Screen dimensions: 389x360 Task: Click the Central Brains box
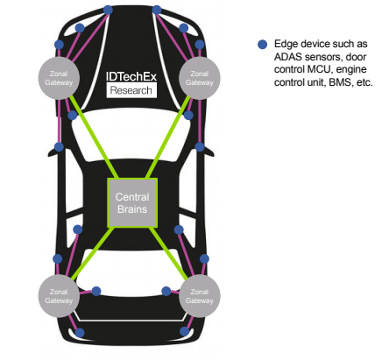[x=132, y=202]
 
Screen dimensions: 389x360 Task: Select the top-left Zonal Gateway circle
[x=59, y=78]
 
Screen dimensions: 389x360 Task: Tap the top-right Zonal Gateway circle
[x=200, y=78]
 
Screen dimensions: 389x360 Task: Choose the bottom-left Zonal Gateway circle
[x=59, y=296]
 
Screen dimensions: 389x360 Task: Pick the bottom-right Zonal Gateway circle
[x=200, y=296]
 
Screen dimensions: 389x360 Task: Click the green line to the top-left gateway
[x=94, y=137]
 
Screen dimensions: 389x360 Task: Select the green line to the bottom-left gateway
[x=92, y=253]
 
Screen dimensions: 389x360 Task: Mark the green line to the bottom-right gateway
[x=168, y=253]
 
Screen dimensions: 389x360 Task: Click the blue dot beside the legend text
[x=263, y=45]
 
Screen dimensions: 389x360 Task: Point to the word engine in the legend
[x=351, y=70]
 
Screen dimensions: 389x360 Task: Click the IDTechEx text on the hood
[x=131, y=76]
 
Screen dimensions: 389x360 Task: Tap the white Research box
[x=131, y=90]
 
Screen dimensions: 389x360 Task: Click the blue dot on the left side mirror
[x=59, y=147]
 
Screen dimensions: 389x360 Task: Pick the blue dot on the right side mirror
[x=200, y=147]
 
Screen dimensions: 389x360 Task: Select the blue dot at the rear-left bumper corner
[x=80, y=333]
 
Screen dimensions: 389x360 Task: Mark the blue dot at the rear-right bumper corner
[x=184, y=331]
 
